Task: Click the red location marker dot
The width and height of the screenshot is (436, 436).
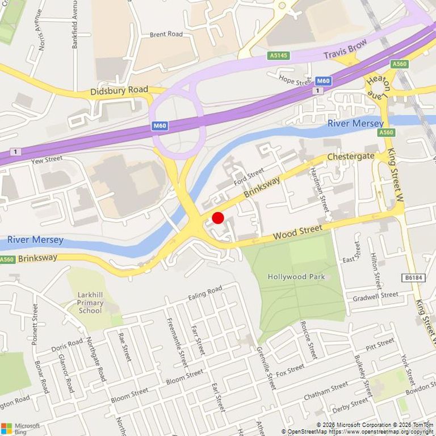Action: click(x=218, y=218)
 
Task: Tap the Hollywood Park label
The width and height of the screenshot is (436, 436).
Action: click(x=296, y=276)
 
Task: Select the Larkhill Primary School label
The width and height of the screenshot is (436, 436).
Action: click(x=91, y=303)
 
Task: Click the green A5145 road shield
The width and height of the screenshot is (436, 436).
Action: click(x=278, y=56)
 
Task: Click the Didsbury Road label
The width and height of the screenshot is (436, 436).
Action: click(x=119, y=90)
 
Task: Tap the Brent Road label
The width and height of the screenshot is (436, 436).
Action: click(x=166, y=35)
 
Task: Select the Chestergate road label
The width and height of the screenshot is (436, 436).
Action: click(x=351, y=156)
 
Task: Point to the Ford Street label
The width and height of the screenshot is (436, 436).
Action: click(x=249, y=178)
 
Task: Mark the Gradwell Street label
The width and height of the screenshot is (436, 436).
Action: click(x=375, y=296)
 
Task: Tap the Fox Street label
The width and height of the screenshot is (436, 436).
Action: click(x=290, y=370)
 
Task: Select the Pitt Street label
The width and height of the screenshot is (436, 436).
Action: click(x=380, y=343)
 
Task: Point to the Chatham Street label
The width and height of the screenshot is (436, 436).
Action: click(x=326, y=390)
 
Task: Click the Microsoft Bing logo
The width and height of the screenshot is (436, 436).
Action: click(x=20, y=428)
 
